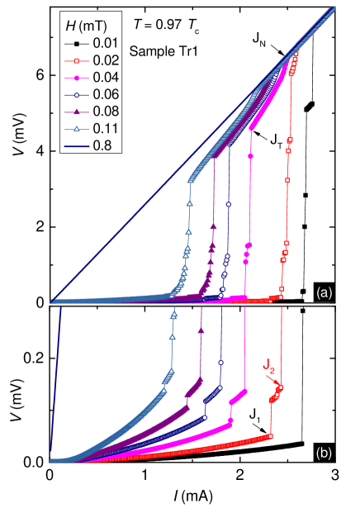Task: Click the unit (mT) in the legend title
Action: pos(94,26)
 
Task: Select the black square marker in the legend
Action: pos(77,43)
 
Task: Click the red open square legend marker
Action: pos(77,60)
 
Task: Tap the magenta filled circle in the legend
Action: pos(77,78)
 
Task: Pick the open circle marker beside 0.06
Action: pos(77,95)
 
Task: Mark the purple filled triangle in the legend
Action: pos(77,112)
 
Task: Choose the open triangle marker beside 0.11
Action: pos(77,129)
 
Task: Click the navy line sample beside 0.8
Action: pos(77,146)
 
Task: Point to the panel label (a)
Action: pos(324,292)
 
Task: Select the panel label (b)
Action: pos(324,452)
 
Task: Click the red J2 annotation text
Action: pos(268,364)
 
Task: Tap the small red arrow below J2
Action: pos(272,379)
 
